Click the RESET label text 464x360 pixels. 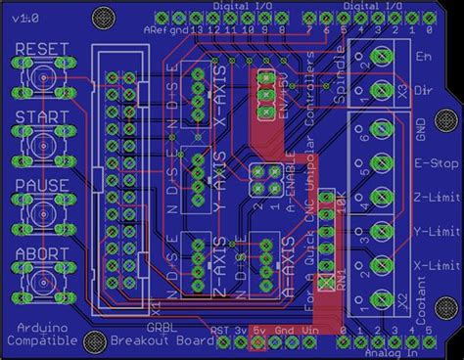pos(37,50)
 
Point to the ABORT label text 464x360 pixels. pos(37,252)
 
